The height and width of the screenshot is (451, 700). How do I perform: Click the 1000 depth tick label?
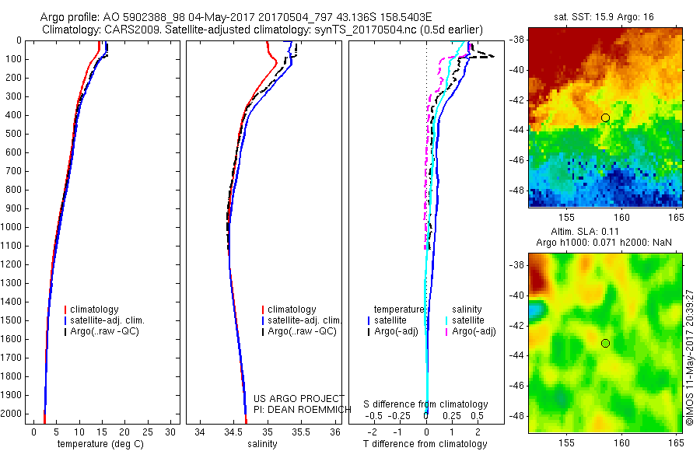tap(13, 227)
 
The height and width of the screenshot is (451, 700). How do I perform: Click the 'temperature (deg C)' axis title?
tap(98, 444)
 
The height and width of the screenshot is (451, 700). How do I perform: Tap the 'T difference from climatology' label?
tap(425, 444)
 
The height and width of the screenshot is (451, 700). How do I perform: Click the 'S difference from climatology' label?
tap(425, 404)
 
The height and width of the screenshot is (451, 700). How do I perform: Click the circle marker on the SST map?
tap(605, 117)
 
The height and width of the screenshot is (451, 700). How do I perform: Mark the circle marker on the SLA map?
tap(605, 343)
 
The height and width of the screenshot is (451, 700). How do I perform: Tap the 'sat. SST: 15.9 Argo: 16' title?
tap(600, 16)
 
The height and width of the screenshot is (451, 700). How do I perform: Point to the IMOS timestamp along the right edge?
tap(690, 358)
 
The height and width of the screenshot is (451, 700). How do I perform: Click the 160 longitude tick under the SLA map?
tap(621, 442)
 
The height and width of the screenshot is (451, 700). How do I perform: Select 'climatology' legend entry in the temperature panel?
tap(96, 309)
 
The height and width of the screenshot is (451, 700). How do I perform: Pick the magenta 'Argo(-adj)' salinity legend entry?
tap(474, 332)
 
